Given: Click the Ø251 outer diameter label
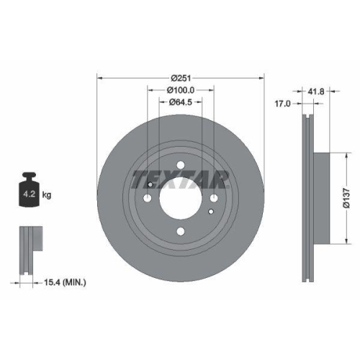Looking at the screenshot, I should (x=180, y=78).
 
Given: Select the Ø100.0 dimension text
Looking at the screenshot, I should (x=180, y=90).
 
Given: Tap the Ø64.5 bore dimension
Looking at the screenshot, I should (x=180, y=102).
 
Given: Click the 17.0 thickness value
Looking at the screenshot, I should (x=282, y=104).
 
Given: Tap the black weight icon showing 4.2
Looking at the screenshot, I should (x=30, y=192).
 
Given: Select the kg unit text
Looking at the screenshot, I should (x=48, y=195).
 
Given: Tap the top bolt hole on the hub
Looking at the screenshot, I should (x=179, y=170).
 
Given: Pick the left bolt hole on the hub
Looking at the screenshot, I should (x=149, y=199).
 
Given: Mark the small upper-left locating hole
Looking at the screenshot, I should (x=151, y=184).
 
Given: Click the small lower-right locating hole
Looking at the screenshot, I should (x=210, y=212).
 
